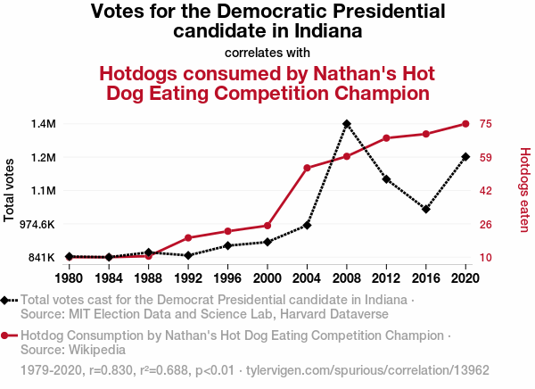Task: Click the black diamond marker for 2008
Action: point(347,124)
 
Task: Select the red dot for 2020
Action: point(465,124)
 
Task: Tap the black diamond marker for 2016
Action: point(426,209)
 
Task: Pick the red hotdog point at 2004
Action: point(307,168)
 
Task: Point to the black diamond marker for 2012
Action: point(386,179)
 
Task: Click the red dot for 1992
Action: point(188,237)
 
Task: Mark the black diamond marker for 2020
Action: point(465,157)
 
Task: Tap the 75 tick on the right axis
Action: point(486,123)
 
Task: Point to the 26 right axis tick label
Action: point(486,224)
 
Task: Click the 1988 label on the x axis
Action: point(149,277)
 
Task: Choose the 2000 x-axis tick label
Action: point(267,277)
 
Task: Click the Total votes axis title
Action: point(10,190)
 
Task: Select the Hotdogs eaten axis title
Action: point(524,190)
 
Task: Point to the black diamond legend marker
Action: point(6,301)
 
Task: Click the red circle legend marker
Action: point(6,336)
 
